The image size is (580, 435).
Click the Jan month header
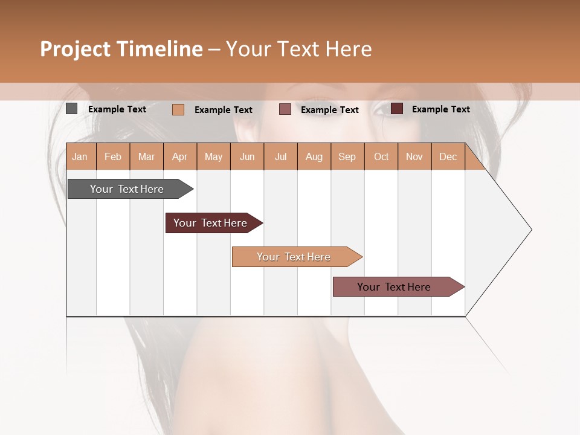(80, 156)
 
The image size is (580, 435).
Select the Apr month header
(180, 156)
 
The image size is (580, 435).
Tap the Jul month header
(280, 156)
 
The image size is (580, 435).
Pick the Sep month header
(347, 156)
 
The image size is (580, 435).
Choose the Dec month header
(448, 156)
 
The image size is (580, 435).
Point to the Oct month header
(381, 156)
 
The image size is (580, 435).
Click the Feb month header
(113, 156)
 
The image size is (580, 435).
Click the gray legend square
(71, 109)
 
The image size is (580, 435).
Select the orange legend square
(178, 109)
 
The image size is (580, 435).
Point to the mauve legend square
(285, 109)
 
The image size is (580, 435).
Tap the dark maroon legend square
(397, 109)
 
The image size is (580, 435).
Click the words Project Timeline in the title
(121, 49)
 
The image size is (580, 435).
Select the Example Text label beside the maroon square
(440, 109)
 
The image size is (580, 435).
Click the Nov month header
(414, 156)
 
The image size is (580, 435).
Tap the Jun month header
(247, 156)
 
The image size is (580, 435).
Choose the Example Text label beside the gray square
(117, 109)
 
